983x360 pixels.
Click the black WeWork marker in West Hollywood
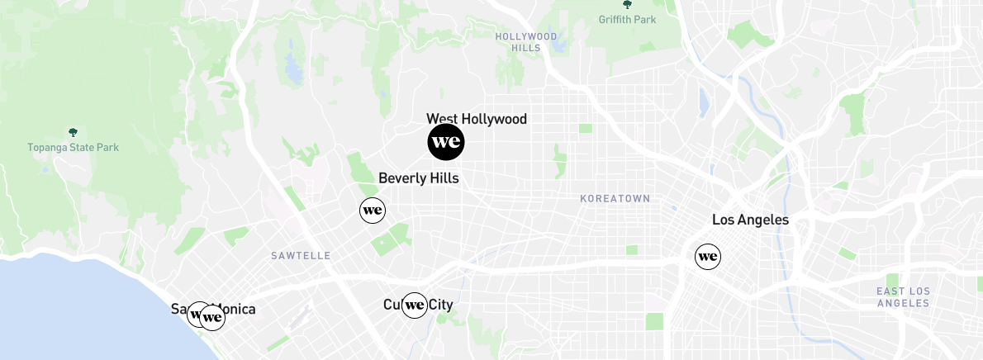(x=446, y=143)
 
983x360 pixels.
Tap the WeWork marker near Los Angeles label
(x=708, y=257)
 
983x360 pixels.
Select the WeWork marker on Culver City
(x=415, y=306)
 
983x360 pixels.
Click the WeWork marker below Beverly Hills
(x=373, y=211)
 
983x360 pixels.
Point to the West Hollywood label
(x=477, y=119)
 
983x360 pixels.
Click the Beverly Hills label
(x=418, y=178)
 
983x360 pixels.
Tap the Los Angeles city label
(x=750, y=220)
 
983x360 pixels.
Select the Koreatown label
(x=615, y=199)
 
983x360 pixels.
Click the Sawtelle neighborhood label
(x=301, y=256)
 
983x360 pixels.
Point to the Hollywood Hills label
(x=526, y=42)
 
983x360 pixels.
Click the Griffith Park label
(x=628, y=20)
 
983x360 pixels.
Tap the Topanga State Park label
(x=73, y=148)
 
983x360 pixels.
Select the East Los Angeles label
(x=903, y=297)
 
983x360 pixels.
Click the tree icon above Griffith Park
(x=628, y=5)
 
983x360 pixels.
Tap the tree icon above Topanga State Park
(x=73, y=132)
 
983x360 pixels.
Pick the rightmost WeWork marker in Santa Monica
(x=213, y=317)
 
